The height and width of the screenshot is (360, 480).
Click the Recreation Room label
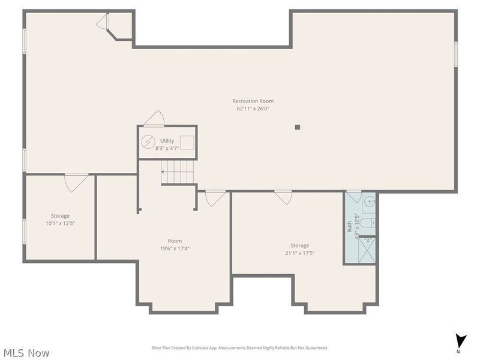(x=253, y=101)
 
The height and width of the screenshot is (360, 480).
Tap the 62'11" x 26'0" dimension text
(x=253, y=109)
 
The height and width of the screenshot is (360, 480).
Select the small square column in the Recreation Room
(x=297, y=127)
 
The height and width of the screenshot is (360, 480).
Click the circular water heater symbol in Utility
(x=148, y=142)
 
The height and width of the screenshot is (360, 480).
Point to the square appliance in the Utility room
(x=187, y=142)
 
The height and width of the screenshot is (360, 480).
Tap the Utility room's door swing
(x=155, y=118)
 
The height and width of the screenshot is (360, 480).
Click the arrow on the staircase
(x=163, y=172)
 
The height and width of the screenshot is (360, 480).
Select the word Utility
(x=167, y=140)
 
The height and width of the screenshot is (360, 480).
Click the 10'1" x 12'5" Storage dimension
(x=60, y=223)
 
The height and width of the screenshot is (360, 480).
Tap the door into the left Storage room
(x=76, y=182)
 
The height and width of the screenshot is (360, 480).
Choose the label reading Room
(x=175, y=241)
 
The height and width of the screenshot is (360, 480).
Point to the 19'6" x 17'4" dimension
(x=175, y=248)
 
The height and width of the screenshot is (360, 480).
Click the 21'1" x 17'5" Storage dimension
(x=300, y=253)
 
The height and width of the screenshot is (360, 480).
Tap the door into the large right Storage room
(x=283, y=197)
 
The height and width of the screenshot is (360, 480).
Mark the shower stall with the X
(x=367, y=250)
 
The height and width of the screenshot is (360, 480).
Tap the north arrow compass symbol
(x=460, y=340)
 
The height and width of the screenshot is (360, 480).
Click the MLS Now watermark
(x=26, y=353)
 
